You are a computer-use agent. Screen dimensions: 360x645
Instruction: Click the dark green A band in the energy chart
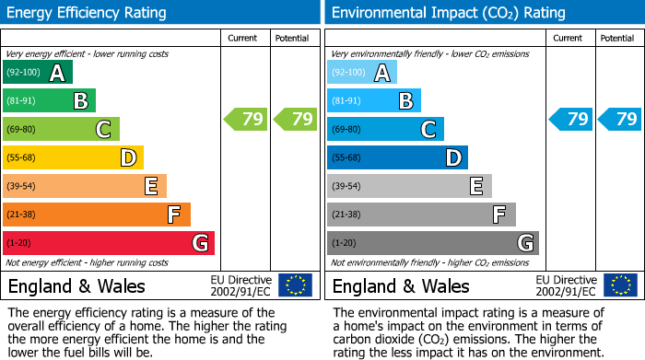click(38, 73)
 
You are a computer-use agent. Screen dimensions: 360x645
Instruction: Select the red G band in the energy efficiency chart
click(109, 243)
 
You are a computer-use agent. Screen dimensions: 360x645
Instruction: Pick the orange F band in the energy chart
click(97, 215)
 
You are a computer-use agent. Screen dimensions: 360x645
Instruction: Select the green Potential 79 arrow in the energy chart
click(295, 119)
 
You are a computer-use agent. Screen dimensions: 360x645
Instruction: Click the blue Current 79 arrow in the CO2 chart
click(570, 119)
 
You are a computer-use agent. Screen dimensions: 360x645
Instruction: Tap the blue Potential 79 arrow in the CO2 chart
click(619, 119)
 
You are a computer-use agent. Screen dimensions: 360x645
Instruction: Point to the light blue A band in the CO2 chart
click(362, 73)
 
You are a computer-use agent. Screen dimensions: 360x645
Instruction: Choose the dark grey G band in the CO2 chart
click(433, 243)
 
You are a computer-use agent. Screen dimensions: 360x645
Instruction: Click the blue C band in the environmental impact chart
click(385, 129)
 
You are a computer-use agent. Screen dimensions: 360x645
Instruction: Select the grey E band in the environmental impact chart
click(409, 186)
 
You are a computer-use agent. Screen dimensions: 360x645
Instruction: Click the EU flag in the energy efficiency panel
click(295, 285)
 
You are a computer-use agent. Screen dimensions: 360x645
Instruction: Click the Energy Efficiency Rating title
click(88, 13)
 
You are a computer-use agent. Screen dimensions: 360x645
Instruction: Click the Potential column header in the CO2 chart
click(616, 38)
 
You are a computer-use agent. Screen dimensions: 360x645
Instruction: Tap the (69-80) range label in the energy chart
click(21, 130)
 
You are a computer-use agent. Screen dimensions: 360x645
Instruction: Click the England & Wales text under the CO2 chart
click(401, 285)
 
